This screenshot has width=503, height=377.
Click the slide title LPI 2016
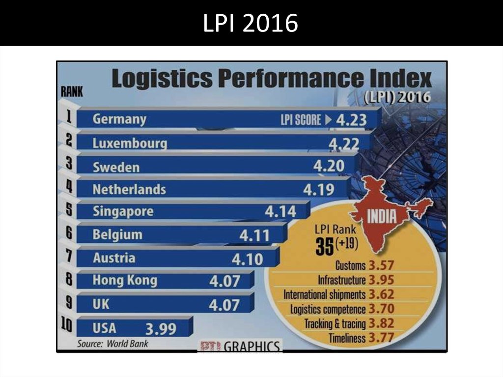click(x=251, y=23)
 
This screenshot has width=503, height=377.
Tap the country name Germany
click(x=119, y=119)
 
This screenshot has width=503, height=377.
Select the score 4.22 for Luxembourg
click(x=343, y=144)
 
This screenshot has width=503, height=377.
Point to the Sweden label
click(x=116, y=167)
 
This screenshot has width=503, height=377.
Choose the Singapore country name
click(x=123, y=211)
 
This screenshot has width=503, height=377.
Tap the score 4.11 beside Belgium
click(x=254, y=236)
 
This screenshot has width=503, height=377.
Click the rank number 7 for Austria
click(x=68, y=256)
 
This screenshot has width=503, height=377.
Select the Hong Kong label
click(x=125, y=280)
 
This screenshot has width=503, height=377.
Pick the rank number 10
click(x=67, y=325)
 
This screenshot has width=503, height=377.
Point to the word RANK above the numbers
click(x=72, y=91)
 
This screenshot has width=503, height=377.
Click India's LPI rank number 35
click(x=324, y=246)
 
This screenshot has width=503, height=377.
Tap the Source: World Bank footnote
click(x=112, y=344)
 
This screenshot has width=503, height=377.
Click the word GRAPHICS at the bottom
click(x=253, y=346)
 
